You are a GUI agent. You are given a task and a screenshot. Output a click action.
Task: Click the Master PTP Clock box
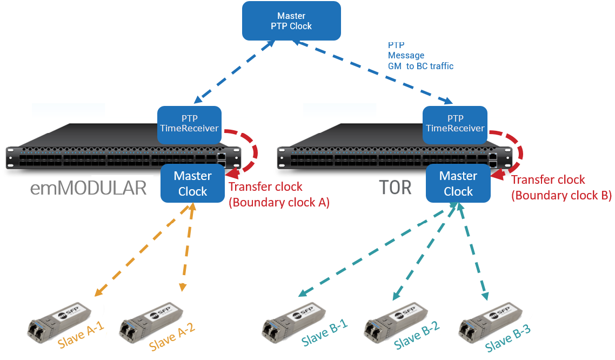(291, 21)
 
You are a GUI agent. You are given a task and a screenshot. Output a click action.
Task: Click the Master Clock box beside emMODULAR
(193, 184)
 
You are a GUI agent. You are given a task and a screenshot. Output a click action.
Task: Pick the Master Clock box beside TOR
(458, 184)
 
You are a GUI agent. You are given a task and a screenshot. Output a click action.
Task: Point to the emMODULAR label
(89, 188)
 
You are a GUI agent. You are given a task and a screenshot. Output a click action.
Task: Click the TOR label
(396, 188)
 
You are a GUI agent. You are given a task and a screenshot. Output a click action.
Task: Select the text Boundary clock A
(279, 203)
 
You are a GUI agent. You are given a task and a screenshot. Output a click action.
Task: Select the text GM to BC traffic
(421, 66)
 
